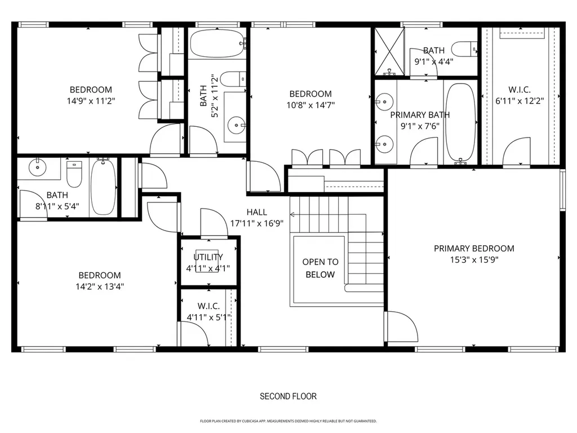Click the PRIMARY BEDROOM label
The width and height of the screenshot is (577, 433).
click(x=474, y=249)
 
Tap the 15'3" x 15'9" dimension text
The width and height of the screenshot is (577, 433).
click(x=474, y=260)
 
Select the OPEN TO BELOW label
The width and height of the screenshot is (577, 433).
click(x=320, y=268)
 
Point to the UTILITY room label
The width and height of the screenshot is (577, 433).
click(x=208, y=257)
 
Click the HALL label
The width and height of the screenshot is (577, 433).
click(x=257, y=212)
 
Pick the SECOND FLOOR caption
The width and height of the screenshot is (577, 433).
click(x=288, y=396)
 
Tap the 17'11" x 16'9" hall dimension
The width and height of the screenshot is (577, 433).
click(x=257, y=223)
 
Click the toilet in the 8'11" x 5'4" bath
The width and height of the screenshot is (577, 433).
click(x=74, y=174)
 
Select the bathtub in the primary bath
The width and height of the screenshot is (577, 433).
click(x=461, y=123)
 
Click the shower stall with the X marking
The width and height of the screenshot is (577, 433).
click(x=390, y=51)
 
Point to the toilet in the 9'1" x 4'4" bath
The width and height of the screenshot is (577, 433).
click(x=464, y=49)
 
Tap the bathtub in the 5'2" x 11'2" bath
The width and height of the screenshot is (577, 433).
click(x=218, y=43)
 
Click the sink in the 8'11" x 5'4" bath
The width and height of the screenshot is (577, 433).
click(x=37, y=167)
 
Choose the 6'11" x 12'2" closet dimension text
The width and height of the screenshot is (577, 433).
click(x=520, y=101)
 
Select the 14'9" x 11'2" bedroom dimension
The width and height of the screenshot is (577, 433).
click(x=91, y=101)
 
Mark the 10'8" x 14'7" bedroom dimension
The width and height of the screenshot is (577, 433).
click(x=310, y=105)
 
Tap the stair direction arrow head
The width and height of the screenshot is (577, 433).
click(x=292, y=215)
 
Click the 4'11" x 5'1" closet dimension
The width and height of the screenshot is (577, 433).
click(x=209, y=317)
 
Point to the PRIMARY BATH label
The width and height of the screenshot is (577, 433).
click(x=420, y=115)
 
